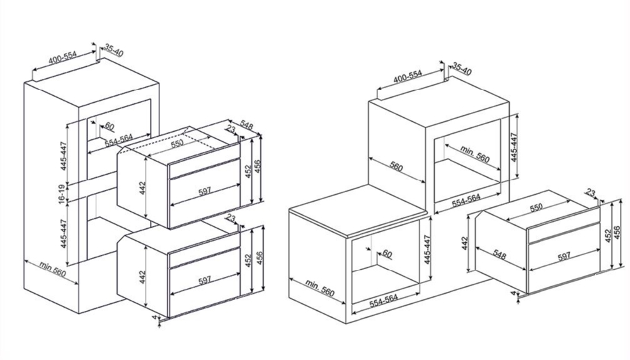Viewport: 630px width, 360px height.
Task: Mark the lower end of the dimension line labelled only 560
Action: coord(425,182)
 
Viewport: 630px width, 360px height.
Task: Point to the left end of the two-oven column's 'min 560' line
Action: coord(25,260)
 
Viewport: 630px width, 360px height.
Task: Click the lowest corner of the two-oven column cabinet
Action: coord(79,314)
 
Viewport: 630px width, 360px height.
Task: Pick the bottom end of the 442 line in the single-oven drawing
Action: coord(469,272)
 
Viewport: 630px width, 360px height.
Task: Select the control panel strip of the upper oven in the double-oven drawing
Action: coord(205,167)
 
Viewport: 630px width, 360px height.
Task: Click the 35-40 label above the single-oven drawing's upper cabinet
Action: coord(462,69)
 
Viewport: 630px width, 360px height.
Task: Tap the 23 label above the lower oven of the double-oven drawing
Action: coord(230,219)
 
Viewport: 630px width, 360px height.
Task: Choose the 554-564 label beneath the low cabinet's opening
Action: coord(384,301)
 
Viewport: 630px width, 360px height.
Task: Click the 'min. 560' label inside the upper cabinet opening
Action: coord(474,154)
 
